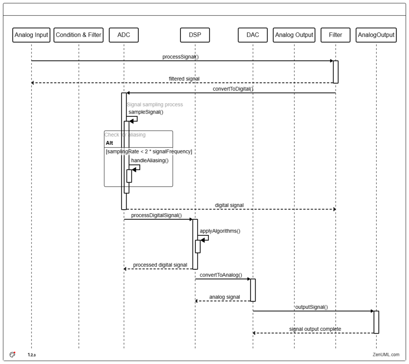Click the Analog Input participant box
[x=31, y=35]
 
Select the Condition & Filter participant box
[x=79, y=35]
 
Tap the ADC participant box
[x=124, y=35]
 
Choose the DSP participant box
[x=195, y=35]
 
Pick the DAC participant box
[x=253, y=35]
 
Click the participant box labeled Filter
[x=336, y=35]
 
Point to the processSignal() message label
[x=181, y=57]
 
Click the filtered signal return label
[x=184, y=79]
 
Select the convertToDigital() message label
[x=233, y=89]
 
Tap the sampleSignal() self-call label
[x=146, y=112]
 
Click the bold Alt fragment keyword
[x=109, y=143]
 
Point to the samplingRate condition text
[x=149, y=151]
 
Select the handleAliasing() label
[x=150, y=161]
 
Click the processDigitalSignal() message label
[x=157, y=215]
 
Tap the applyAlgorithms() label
[x=220, y=231]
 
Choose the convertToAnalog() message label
[x=221, y=275]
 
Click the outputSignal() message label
[x=312, y=307]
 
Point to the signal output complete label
[x=315, y=329]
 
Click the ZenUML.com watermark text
[x=386, y=354]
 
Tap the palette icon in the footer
[x=12, y=354]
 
